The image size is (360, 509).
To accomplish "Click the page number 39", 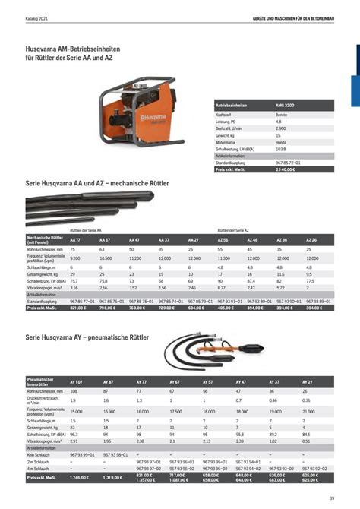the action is [333, 498].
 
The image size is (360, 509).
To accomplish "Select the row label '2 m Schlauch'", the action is [38, 460].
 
